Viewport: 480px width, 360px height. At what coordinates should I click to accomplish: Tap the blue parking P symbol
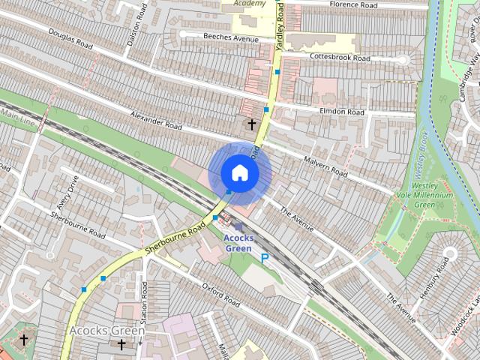265,258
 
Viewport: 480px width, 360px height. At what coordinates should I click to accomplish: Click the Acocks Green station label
238,243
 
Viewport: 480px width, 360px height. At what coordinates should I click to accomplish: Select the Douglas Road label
70,40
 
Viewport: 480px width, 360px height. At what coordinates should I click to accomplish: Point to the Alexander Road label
156,121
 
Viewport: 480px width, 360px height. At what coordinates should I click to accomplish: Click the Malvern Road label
326,166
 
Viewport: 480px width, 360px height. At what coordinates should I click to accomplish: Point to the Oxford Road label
221,294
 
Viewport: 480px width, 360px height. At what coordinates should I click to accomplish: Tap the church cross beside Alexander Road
252,124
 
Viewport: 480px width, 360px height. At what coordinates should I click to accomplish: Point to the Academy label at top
249,4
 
